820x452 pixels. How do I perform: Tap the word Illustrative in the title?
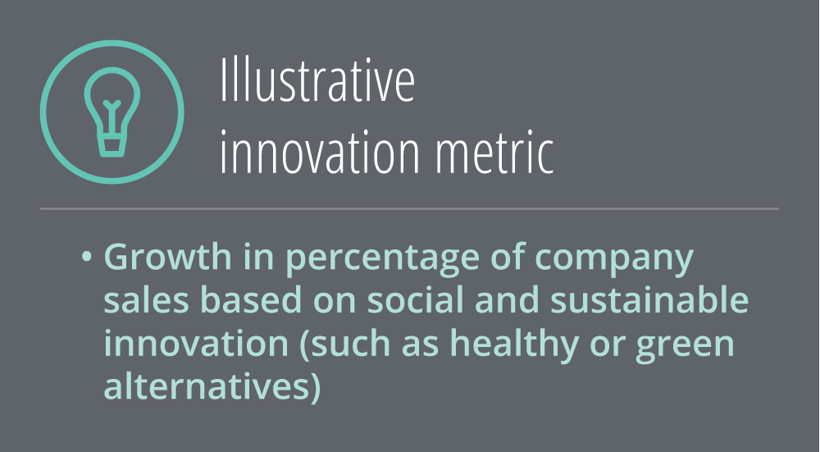(x=317, y=80)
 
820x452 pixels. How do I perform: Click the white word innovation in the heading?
(x=320, y=151)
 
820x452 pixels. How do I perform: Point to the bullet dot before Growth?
(x=87, y=257)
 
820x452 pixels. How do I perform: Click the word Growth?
(x=167, y=256)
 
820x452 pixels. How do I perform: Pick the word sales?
(x=146, y=300)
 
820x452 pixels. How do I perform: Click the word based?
(x=251, y=300)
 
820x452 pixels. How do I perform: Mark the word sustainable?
(x=649, y=300)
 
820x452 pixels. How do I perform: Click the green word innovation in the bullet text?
(x=196, y=343)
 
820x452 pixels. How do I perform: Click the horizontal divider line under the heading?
(x=409, y=208)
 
